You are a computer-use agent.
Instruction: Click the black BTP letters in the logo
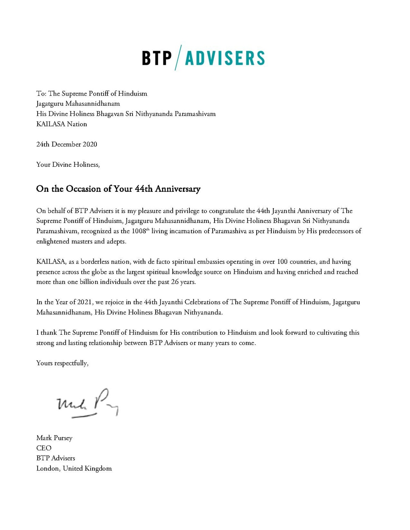[157, 58]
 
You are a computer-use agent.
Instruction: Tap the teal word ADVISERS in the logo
[225, 58]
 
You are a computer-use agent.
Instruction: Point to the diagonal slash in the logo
[178, 58]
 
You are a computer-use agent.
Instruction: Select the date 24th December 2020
[67, 144]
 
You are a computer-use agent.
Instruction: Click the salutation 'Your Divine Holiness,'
[68, 165]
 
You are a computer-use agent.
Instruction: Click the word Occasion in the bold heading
[84, 189]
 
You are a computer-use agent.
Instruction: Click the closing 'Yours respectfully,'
[62, 363]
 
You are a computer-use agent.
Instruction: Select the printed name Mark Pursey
[54, 438]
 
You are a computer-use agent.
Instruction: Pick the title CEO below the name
[44, 448]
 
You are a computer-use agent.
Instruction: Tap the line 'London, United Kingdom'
[74, 469]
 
